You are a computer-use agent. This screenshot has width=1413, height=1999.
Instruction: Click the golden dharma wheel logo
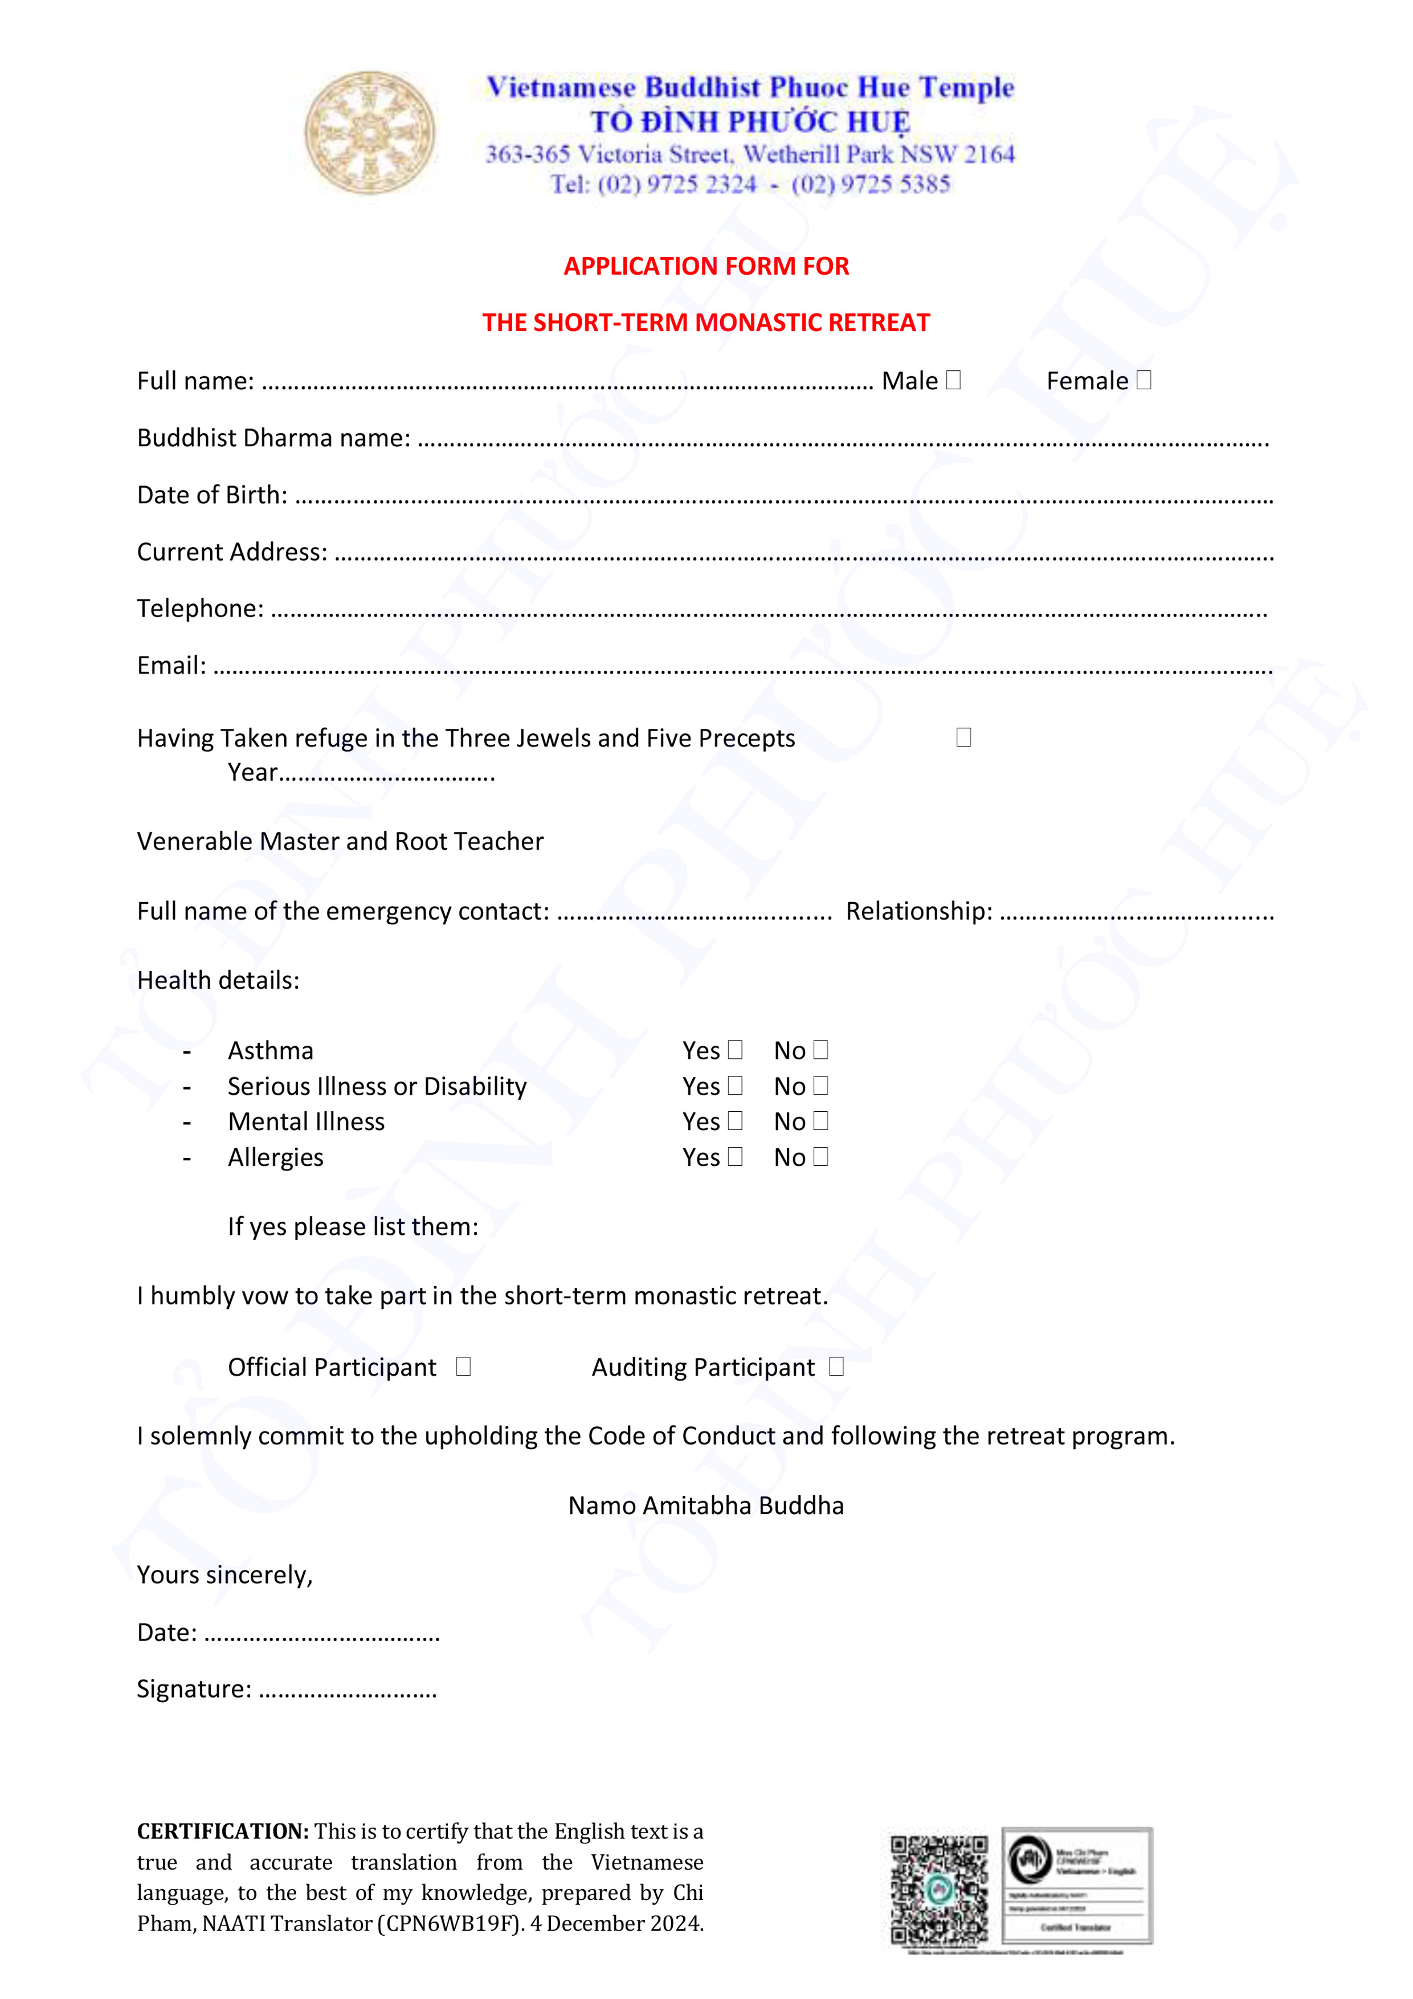click(x=369, y=132)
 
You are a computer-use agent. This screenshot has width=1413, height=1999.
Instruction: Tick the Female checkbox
click(x=1144, y=381)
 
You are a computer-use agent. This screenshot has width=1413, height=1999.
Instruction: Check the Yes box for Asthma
click(x=736, y=1050)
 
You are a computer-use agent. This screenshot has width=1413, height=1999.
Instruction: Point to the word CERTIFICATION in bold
click(x=223, y=1831)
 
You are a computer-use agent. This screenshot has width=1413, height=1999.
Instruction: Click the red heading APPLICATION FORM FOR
click(x=706, y=267)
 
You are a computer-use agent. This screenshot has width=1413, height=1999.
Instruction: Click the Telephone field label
click(x=200, y=609)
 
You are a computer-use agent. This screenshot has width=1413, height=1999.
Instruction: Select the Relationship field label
click(x=918, y=911)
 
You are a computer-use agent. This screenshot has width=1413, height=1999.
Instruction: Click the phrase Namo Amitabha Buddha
click(x=706, y=1506)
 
